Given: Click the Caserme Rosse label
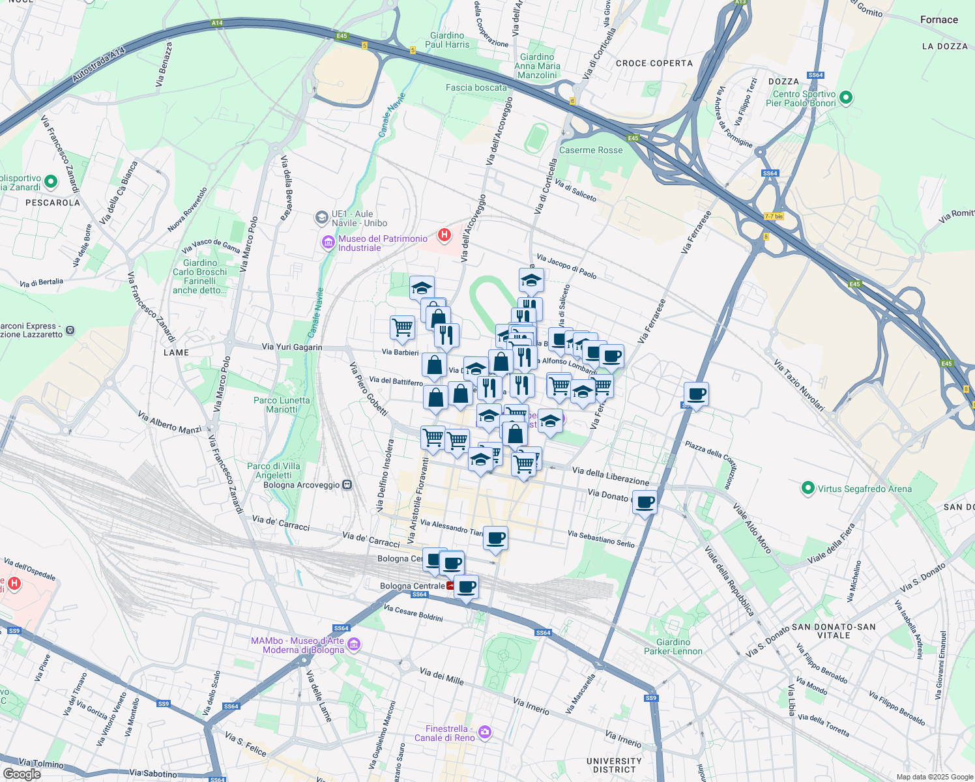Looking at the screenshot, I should (x=590, y=150).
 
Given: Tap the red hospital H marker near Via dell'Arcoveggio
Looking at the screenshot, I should (x=444, y=235).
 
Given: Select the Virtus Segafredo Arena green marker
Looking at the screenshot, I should (x=808, y=488).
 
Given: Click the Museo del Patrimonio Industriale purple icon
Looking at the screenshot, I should (x=328, y=243).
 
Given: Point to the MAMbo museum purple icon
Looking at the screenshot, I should (x=354, y=645).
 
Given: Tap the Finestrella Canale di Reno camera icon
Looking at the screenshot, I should (x=484, y=732).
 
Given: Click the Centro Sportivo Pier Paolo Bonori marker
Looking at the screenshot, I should (x=846, y=98).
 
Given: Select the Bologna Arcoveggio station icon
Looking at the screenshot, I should (x=347, y=485).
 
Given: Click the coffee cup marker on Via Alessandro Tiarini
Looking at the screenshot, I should (x=495, y=538).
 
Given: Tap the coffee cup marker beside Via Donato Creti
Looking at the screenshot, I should (x=645, y=502).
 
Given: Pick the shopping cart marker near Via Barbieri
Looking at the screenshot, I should (x=402, y=327).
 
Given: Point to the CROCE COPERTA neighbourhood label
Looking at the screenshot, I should (x=654, y=63).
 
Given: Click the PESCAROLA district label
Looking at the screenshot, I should (x=52, y=203).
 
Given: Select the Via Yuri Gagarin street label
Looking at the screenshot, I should (x=291, y=347).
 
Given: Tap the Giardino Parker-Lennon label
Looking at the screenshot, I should (x=673, y=646).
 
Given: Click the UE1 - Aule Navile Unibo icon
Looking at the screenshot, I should (x=321, y=217).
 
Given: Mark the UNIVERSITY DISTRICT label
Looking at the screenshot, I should (x=614, y=765).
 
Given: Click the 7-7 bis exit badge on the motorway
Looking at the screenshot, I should (x=774, y=216).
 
